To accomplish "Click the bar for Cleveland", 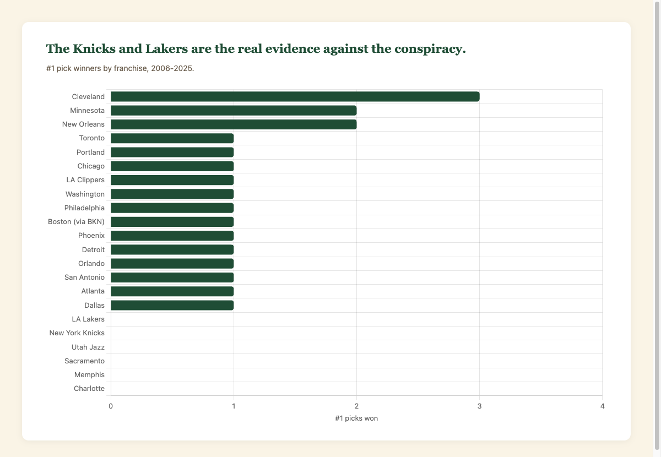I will [295, 97].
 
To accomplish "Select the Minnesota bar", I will [234, 111].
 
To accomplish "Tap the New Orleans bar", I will [234, 124].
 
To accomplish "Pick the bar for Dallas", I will [172, 305].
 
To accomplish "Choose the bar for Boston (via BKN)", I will [172, 222].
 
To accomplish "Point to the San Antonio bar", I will [172, 278].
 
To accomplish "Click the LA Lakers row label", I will [88, 319].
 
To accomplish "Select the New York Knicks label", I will [77, 333].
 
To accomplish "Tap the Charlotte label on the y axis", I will [89, 389].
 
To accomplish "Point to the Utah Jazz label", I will [88, 347].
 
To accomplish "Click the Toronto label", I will [92, 138].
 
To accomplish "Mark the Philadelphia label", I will [84, 208].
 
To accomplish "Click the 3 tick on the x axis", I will [479, 406].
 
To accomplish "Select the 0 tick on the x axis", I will [111, 406].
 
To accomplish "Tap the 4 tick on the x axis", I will [602, 406].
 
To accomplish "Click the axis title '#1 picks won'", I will [356, 418].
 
